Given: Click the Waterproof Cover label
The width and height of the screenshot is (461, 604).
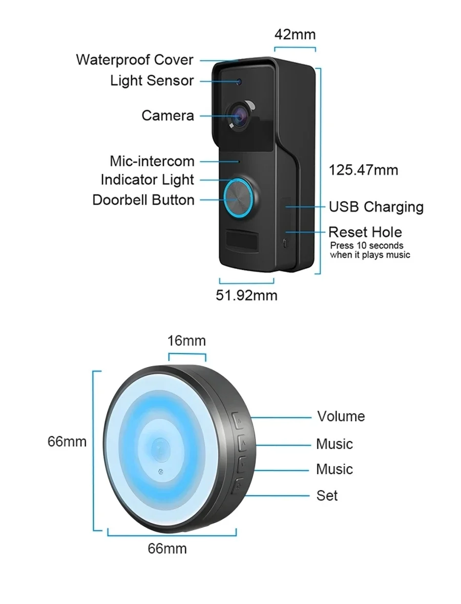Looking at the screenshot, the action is click(x=134, y=59).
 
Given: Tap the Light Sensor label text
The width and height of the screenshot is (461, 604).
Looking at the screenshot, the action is click(x=152, y=80).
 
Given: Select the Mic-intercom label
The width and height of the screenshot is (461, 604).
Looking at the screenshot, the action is click(x=152, y=161).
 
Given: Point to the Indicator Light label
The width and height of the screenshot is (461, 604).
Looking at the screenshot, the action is click(x=148, y=180).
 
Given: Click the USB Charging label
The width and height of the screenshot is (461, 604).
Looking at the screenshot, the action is click(x=376, y=207).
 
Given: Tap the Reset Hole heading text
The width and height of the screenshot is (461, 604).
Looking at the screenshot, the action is click(x=365, y=232).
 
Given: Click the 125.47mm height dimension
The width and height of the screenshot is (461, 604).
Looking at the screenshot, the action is click(x=363, y=170).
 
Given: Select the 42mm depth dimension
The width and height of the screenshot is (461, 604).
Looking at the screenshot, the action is click(x=295, y=34).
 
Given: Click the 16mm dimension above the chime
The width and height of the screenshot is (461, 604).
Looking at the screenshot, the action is click(x=187, y=340).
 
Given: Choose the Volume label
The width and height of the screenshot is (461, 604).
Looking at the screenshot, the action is click(x=341, y=416).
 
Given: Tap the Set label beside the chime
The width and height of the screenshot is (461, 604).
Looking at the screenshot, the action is click(x=327, y=495).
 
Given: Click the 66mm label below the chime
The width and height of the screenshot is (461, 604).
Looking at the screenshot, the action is click(x=167, y=549).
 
